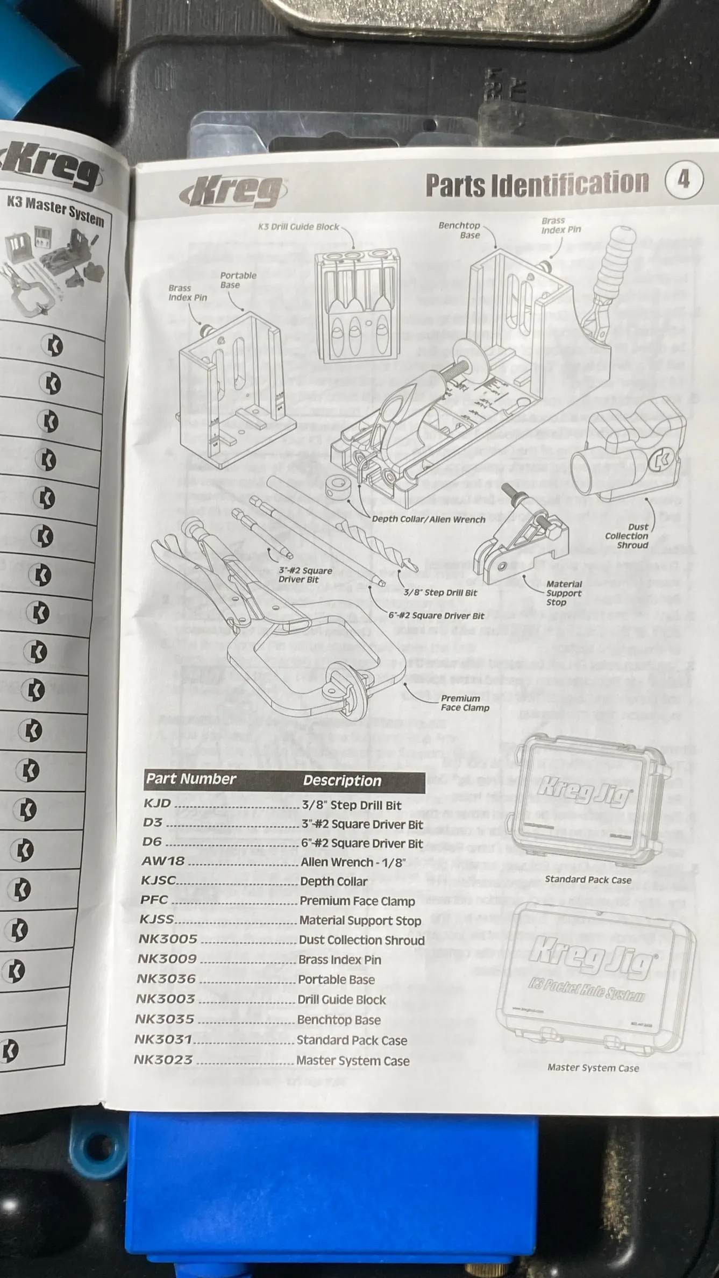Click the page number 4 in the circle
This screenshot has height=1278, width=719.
(x=684, y=180)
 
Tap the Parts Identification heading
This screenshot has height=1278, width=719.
(x=537, y=184)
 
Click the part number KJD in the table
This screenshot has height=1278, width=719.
(x=157, y=804)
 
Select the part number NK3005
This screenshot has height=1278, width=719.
(x=168, y=940)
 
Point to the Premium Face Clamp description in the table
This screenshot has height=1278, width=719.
(x=357, y=901)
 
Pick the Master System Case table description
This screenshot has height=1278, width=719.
(x=353, y=1061)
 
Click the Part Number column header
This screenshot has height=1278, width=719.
(x=191, y=779)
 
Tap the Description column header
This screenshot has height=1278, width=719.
(x=342, y=780)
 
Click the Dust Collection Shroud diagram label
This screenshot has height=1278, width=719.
(x=627, y=536)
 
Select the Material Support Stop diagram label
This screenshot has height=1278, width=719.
(x=564, y=593)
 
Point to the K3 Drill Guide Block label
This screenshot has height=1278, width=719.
(x=298, y=226)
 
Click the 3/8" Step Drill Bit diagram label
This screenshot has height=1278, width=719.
(x=440, y=592)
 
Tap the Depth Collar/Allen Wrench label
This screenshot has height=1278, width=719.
(x=429, y=519)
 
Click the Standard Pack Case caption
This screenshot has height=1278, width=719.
(x=588, y=879)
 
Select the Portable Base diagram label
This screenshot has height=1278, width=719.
(x=238, y=280)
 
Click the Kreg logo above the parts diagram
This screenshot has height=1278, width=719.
(x=233, y=193)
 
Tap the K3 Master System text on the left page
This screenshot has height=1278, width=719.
(x=55, y=211)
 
